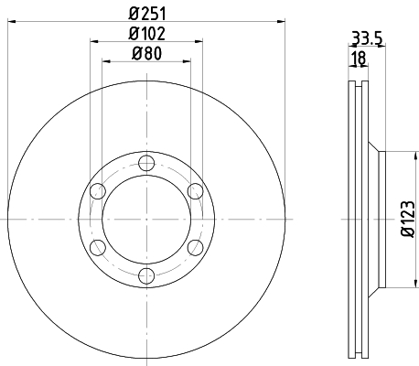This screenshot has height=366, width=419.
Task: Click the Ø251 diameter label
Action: (147, 14)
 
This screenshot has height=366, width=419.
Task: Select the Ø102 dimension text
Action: (147, 34)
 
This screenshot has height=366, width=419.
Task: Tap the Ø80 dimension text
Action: (146, 54)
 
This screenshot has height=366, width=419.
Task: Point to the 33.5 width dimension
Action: (367, 38)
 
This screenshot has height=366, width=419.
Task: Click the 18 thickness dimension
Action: (359, 58)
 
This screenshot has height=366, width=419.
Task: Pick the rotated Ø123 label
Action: (408, 219)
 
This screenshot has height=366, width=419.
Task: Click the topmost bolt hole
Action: (146, 163)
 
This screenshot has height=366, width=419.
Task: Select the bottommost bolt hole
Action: (146, 275)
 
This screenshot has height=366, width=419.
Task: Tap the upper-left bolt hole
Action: (98, 191)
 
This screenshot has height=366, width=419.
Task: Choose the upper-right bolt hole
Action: (195, 191)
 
